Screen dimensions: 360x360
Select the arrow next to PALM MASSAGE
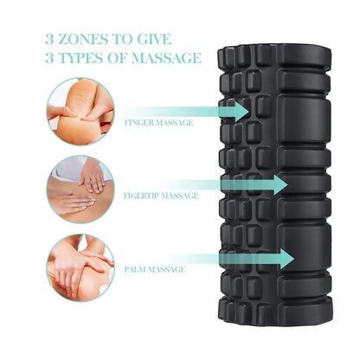click(251, 258)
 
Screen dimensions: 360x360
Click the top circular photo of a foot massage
click(80, 107)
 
